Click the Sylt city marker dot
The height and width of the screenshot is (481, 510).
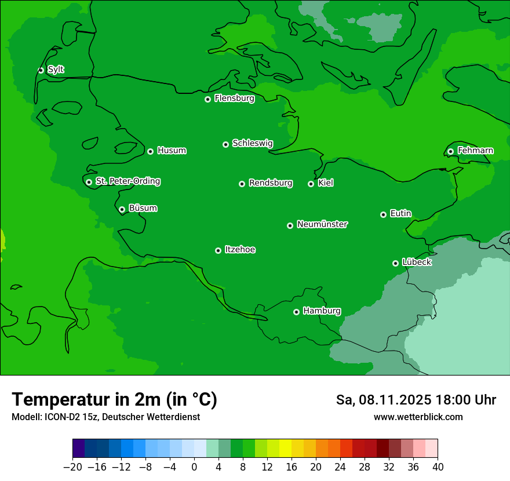point(41,70)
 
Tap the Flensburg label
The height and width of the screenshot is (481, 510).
point(234,99)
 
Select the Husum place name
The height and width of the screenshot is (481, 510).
point(172,151)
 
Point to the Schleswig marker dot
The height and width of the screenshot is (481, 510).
point(225,144)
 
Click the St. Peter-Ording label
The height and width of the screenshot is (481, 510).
point(128,181)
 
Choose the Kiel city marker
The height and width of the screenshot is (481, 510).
point(311,184)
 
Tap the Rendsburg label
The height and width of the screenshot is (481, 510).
point(270,183)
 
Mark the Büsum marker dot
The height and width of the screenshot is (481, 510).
point(122,210)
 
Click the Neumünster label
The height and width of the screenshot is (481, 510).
point(322,224)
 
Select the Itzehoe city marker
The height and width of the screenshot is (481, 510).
point(218,250)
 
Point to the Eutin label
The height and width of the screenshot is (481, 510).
point(400,213)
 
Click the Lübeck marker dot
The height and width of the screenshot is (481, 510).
point(395,263)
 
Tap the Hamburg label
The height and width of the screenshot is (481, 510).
point(322,311)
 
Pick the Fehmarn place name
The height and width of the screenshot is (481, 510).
point(475,151)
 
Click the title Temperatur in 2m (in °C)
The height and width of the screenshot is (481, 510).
point(114,400)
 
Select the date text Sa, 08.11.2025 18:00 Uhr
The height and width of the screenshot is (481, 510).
point(416,400)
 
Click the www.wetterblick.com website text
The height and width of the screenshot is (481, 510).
point(418,417)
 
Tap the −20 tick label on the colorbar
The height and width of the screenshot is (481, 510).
point(72,467)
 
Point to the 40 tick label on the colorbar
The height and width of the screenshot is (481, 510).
point(438,467)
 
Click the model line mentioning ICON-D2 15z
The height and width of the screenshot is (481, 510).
point(105,417)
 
